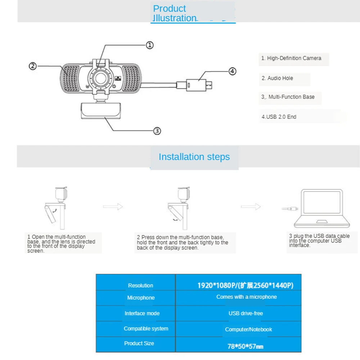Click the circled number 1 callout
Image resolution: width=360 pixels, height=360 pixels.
(x=150, y=45)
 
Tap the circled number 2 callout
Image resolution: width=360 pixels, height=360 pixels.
(x=33, y=66)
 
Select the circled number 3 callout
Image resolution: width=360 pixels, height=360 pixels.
(x=157, y=131)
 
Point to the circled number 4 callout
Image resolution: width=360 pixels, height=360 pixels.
(x=233, y=71)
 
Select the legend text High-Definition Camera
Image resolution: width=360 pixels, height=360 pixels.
(x=291, y=58)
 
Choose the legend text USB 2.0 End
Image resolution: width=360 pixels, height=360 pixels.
(x=279, y=117)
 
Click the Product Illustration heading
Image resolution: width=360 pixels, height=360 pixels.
(x=175, y=14)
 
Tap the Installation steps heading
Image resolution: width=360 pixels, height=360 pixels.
(x=194, y=157)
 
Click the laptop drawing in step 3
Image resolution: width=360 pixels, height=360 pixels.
(x=321, y=208)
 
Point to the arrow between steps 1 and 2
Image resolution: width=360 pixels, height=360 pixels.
(x=113, y=207)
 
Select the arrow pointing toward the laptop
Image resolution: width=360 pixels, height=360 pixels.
(x=251, y=207)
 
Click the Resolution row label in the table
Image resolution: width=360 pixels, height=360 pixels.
(x=140, y=285)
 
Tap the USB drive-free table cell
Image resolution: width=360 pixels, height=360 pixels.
(x=246, y=313)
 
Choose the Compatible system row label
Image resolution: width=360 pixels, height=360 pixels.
(x=146, y=328)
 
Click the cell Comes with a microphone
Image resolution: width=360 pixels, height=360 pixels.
(x=247, y=297)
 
